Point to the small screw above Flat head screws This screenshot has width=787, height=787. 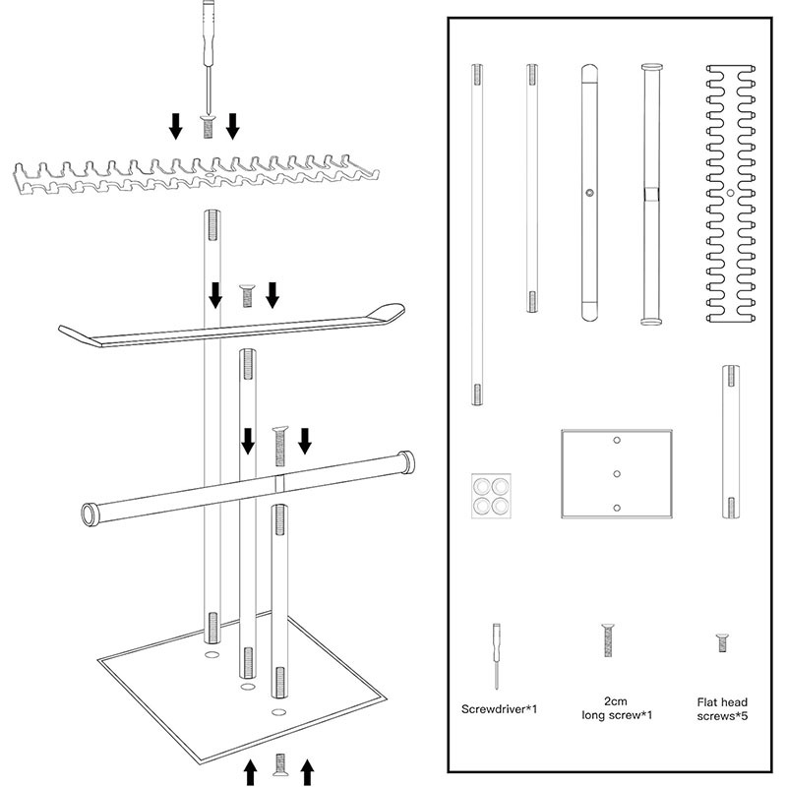[722, 642]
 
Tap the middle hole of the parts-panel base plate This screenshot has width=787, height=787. [616, 474]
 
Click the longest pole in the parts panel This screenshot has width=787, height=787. [477, 234]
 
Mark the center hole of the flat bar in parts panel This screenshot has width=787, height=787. [588, 194]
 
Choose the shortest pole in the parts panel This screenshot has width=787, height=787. [731, 440]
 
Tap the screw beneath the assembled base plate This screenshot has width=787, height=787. [279, 764]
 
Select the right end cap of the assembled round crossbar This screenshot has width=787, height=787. [404, 461]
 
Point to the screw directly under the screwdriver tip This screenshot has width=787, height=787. [208, 126]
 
